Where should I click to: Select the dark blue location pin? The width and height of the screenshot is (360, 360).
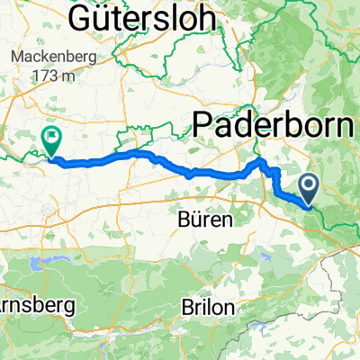[310, 191]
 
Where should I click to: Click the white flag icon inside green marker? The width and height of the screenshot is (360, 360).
[50, 139]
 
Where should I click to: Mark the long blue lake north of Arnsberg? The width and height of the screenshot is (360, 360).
[40, 264]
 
